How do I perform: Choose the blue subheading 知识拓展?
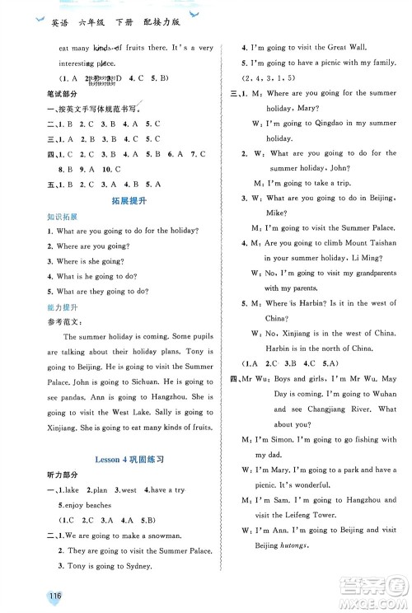tap(46, 218)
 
